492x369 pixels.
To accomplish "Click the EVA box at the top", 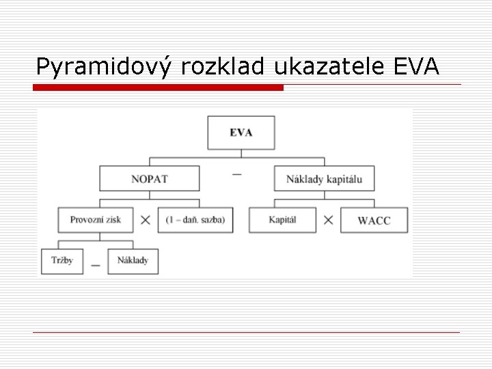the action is (241, 133).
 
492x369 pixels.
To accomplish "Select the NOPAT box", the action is (149, 179).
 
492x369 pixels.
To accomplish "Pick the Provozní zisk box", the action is (96, 220).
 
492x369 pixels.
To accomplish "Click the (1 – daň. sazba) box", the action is (195, 220).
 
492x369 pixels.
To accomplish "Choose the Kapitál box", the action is (282, 220).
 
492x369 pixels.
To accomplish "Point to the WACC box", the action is (374, 220).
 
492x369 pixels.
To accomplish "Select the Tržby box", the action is (62, 261).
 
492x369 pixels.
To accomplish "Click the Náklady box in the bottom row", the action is (133, 261).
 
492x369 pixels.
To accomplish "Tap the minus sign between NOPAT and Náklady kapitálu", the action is (237, 175).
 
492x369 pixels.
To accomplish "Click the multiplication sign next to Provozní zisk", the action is (146, 220).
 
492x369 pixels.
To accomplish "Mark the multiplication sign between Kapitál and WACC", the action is (328, 220).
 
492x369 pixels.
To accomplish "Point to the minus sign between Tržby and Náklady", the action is (96, 264).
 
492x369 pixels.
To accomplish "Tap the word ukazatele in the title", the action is (332, 67).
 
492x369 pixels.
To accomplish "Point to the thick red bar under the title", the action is (159, 87).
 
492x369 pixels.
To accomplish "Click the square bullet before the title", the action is (24, 66).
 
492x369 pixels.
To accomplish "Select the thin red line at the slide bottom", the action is (246, 332).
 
